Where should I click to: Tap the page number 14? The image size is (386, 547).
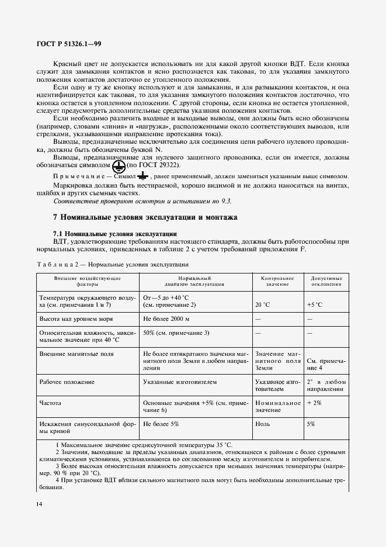pyautogui.click(x=39, y=504)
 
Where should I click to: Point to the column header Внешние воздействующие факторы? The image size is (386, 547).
pyautogui.click(x=88, y=281)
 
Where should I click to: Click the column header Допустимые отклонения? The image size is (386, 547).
pyautogui.click(x=326, y=281)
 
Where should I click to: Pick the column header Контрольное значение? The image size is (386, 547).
pyautogui.click(x=277, y=281)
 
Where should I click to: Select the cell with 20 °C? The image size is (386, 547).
pyautogui.click(x=263, y=305)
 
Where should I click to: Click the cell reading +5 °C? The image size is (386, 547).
pyautogui.click(x=315, y=305)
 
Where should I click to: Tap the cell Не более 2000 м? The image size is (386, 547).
pyautogui.click(x=166, y=320)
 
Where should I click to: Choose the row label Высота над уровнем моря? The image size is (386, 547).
pyautogui.click(x=75, y=320)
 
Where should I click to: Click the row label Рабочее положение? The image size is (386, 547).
pyautogui.click(x=67, y=382)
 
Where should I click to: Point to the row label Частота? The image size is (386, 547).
pyautogui.click(x=50, y=403)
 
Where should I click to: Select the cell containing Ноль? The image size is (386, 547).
pyautogui.click(x=263, y=424)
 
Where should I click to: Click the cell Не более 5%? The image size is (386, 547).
pyautogui.click(x=161, y=424)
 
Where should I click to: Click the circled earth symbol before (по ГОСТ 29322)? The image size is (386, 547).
pyautogui.click(x=119, y=166)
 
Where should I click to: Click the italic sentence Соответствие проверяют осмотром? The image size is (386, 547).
pyautogui.click(x=142, y=200)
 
